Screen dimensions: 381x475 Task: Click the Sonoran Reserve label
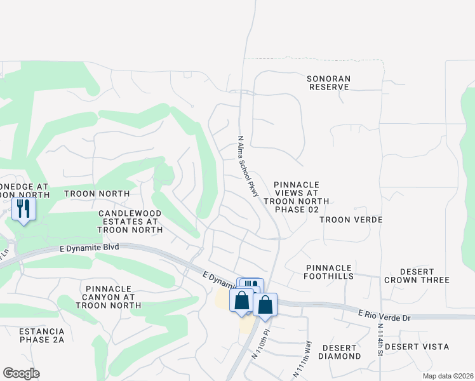(328, 83)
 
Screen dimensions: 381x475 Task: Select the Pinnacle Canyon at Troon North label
(108, 297)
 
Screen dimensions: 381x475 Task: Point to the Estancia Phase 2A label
(41, 335)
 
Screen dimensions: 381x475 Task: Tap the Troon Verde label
(351, 220)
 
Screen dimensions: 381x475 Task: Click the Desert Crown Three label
(417, 276)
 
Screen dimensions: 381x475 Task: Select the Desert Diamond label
(341, 352)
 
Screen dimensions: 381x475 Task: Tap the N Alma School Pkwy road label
(248, 165)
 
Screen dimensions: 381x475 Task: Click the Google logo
(21, 373)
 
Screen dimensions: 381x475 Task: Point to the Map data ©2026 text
(448, 376)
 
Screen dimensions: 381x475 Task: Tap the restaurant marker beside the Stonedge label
(24, 208)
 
